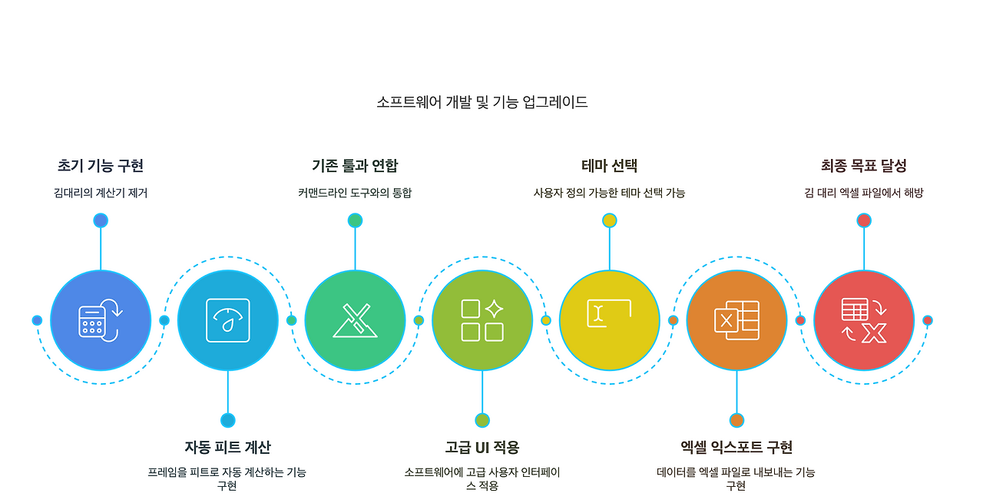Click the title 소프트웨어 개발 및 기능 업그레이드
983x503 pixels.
[482, 102]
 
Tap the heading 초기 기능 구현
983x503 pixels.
[101, 166]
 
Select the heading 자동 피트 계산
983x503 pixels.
[227, 447]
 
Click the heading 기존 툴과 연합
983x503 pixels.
[355, 166]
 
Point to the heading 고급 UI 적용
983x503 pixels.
[482, 447]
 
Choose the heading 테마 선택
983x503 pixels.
[609, 166]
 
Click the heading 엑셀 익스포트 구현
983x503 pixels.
[736, 447]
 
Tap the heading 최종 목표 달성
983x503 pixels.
[864, 166]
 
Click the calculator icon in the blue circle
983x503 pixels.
[101, 320]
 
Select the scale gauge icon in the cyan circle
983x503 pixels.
[228, 320]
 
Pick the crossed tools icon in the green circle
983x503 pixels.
[355, 320]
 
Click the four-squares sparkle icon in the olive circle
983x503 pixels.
[482, 320]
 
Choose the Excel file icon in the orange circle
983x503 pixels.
[736, 320]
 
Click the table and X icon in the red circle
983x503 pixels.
[864, 320]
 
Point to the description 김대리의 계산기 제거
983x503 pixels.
[101, 194]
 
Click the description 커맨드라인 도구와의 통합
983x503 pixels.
[355, 194]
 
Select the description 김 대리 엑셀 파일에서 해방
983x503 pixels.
[864, 194]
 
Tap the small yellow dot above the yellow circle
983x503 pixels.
[610, 220]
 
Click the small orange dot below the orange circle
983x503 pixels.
[736, 420]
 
